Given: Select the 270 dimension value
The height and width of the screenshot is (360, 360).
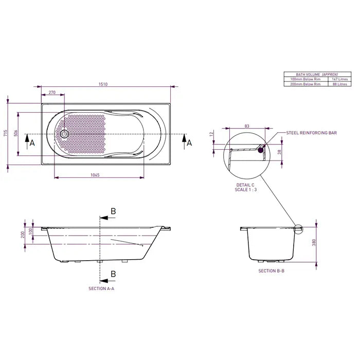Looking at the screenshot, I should (52, 93).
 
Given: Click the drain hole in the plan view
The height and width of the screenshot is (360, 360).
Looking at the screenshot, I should (64, 134).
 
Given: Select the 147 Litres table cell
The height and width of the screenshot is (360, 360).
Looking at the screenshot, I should (340, 79).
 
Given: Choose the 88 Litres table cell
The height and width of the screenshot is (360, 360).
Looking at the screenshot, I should (340, 84).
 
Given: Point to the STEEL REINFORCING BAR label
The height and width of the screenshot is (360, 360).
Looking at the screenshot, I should (311, 133).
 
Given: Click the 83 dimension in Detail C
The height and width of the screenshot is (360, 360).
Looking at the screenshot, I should (247, 126).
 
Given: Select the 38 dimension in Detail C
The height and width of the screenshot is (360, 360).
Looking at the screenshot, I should (280, 152).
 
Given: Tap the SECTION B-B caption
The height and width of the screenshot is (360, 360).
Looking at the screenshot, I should (271, 271).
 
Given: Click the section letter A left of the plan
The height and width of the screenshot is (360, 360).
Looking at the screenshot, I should (32, 142).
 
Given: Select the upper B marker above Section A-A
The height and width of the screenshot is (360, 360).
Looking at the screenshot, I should (113, 211).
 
